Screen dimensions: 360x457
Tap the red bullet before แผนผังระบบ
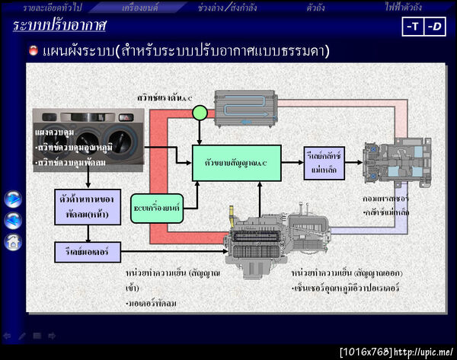coord(33,52)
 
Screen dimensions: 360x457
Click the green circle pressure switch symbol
coord(200,113)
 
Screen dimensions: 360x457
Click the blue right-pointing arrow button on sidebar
coord(12,199)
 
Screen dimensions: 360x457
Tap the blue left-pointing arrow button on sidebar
coord(12,221)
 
